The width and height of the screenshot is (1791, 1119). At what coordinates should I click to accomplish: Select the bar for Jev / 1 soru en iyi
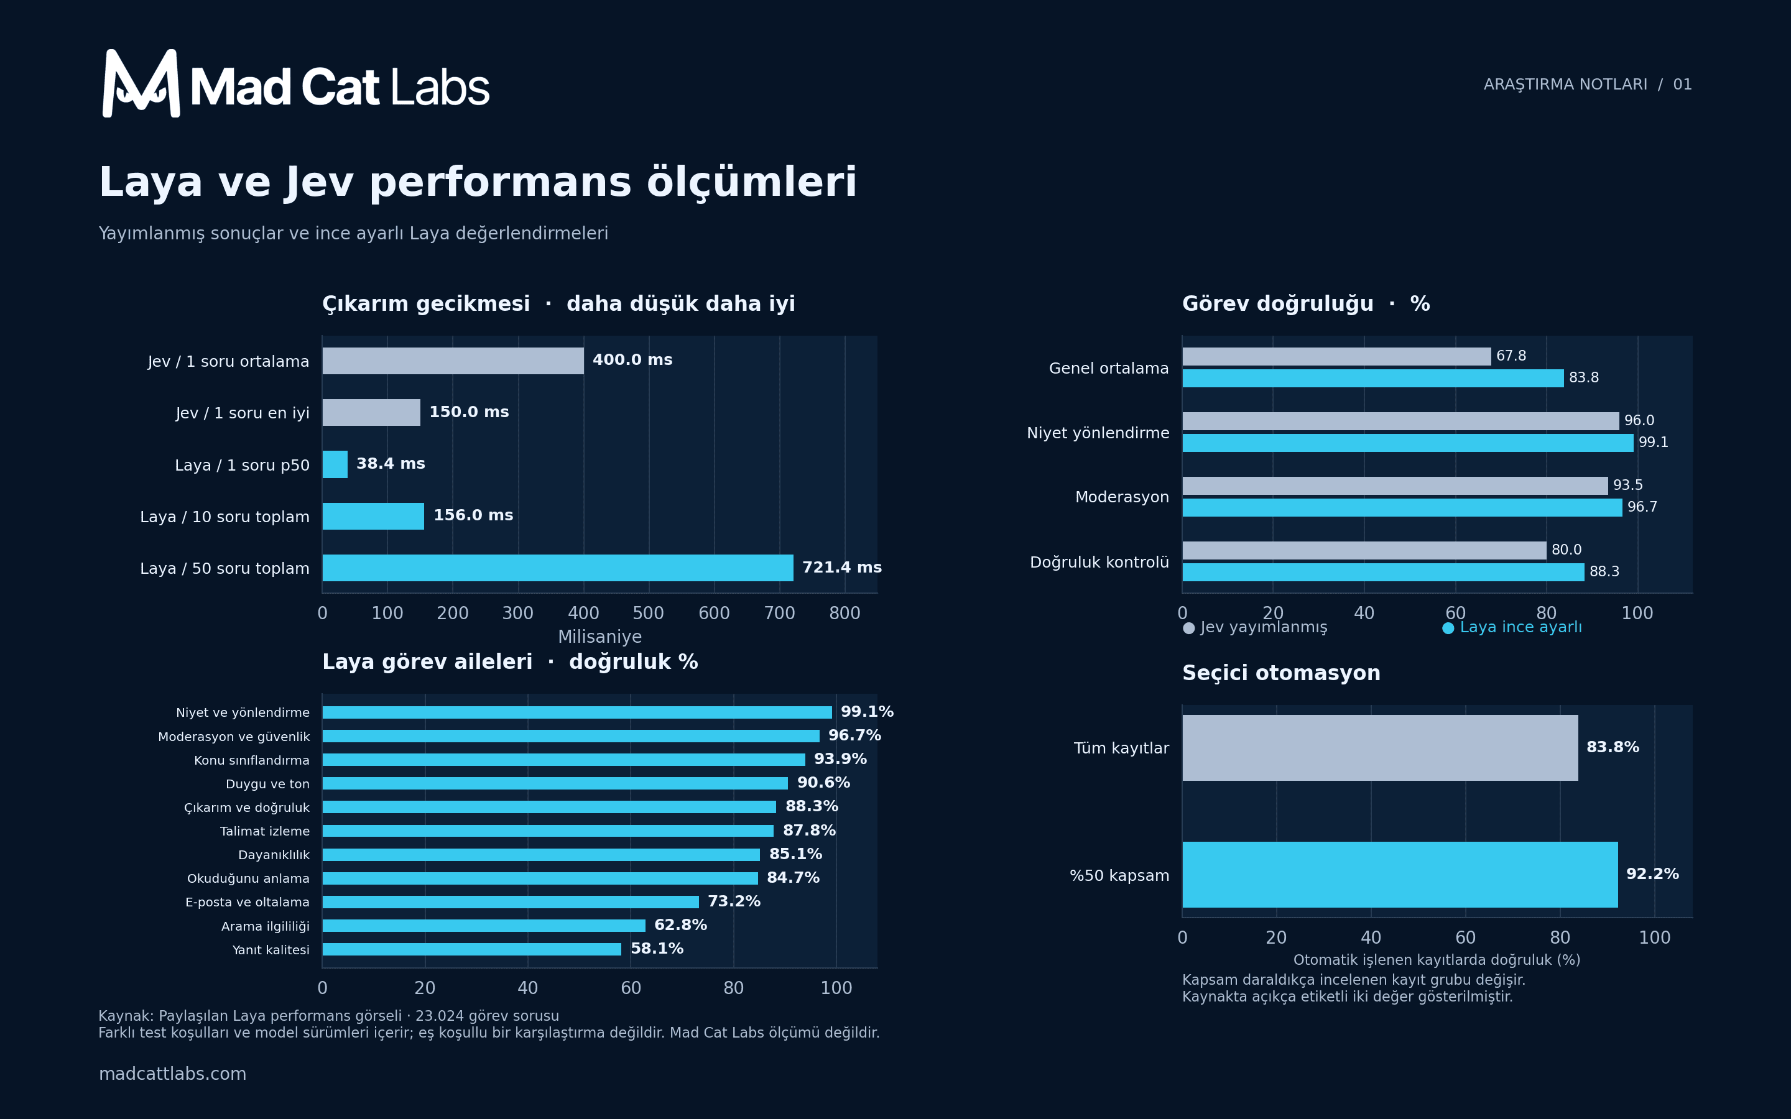coord(371,412)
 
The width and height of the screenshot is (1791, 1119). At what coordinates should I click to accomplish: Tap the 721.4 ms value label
coord(841,568)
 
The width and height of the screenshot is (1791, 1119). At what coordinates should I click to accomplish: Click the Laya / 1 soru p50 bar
coord(335,464)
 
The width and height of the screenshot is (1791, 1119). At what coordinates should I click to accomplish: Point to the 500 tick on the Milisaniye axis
coord(649,613)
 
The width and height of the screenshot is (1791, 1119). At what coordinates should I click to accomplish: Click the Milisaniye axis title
coord(599,637)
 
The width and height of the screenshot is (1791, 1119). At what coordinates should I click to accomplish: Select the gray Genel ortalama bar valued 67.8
coord(1336,356)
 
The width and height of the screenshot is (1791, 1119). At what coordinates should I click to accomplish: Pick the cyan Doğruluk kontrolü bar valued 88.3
coord(1383,572)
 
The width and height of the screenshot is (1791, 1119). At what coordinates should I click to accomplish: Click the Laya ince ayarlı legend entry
coord(1512,628)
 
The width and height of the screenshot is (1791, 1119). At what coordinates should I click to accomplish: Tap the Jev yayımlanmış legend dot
coord(1188,629)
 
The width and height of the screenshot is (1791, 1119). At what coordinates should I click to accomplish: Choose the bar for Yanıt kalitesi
coord(471,949)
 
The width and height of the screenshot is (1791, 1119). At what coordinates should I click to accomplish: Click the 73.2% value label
coord(733,901)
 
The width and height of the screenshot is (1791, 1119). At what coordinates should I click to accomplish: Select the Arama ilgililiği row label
coord(265,926)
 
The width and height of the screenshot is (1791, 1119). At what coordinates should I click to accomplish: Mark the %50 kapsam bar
coord(1399,874)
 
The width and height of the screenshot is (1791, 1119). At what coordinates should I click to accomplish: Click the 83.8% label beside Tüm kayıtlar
coord(1613,747)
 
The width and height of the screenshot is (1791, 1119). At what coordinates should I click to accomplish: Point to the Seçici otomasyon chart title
coord(1281,673)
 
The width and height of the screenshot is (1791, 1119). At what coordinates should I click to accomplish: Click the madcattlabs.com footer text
coord(172,1074)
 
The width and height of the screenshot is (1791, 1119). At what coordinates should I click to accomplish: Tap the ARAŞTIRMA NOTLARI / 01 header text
coord(1588,85)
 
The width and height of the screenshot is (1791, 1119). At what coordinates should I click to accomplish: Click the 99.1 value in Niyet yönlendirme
coord(1654,443)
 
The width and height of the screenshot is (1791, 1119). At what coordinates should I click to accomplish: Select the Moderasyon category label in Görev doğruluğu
coord(1122,497)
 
